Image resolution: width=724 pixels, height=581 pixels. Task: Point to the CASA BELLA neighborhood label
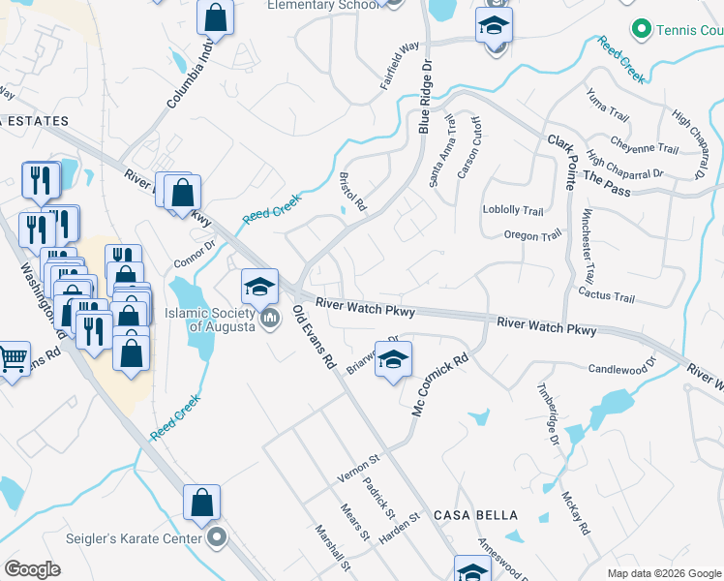point(476,515)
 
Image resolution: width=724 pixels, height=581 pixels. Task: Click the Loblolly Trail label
point(514,210)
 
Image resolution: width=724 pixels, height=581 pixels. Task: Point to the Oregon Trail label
point(532,235)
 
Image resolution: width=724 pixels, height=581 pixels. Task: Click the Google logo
point(33,569)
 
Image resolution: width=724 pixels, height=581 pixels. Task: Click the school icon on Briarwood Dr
point(393,360)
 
